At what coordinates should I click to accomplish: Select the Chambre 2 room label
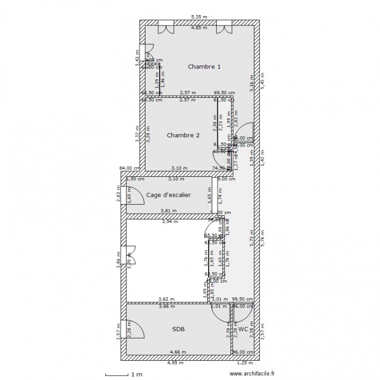pos(183,135)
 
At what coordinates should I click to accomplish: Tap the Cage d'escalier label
pos(168,195)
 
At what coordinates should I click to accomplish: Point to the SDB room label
pos(178,329)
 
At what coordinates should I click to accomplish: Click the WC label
pos(243,329)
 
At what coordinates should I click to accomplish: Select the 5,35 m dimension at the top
pos(199,17)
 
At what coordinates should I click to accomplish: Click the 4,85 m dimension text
pos(199,28)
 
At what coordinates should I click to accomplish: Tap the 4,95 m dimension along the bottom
pos(176,363)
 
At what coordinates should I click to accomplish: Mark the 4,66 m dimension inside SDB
pos(178,352)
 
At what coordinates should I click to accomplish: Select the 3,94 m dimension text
pos(170,221)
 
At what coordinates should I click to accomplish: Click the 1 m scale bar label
pos(136,374)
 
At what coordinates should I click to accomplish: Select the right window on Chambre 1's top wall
pos(224,28)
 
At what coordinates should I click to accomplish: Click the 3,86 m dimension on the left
pos(118,261)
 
